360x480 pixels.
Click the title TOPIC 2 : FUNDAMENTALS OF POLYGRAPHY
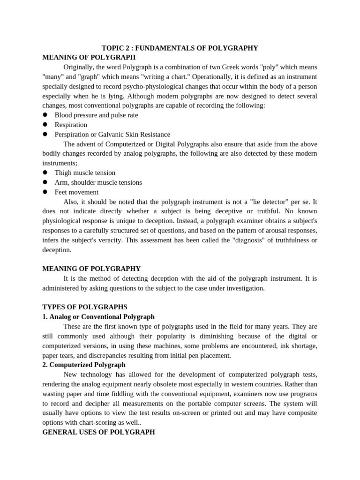180,48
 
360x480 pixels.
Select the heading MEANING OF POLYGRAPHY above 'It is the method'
91,269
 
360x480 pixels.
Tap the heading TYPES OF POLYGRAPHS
85,307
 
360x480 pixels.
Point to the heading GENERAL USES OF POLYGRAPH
98,432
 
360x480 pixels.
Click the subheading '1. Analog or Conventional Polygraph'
98,317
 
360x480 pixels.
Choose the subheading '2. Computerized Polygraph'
84,365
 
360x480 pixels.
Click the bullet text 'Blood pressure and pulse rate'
96,115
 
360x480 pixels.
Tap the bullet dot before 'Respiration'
45,125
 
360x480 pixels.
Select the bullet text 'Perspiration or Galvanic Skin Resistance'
112,135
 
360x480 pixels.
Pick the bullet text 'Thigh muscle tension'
85,172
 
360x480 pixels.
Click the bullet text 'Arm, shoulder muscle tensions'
98,182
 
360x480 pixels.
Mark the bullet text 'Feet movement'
76,192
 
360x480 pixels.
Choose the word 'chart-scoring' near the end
112,422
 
